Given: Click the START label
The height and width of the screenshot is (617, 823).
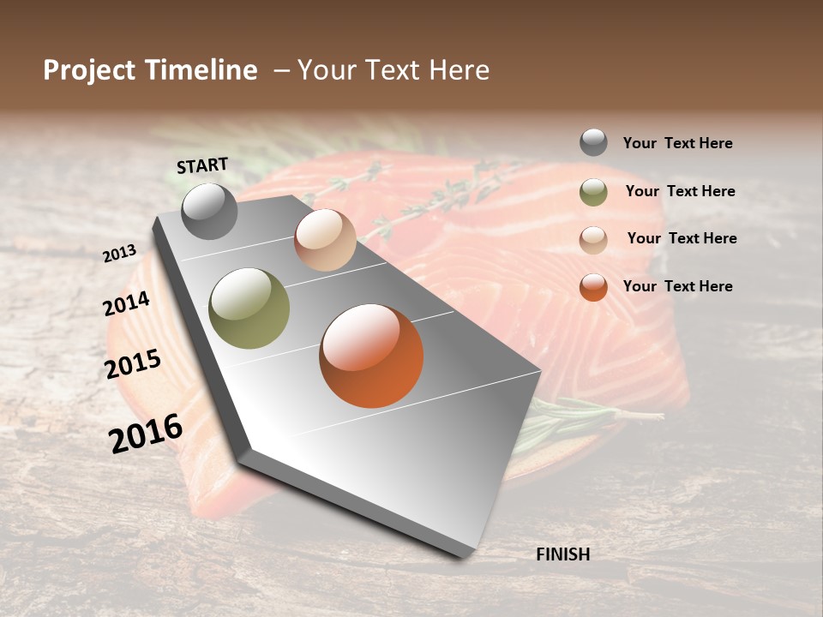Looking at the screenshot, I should click(202, 165).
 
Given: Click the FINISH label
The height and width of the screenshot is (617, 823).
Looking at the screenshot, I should click(562, 554).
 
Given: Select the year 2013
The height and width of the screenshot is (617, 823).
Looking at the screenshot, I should click(120, 253).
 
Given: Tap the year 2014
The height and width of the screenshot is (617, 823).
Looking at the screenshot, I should click(127, 303).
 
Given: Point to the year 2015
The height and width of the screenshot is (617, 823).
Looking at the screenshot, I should click(133, 364).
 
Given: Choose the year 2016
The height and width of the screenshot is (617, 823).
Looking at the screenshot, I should click(146, 433).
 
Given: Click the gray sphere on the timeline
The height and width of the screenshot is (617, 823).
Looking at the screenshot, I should click(210, 211).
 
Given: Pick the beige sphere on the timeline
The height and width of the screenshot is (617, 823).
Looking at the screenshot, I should click(325, 240).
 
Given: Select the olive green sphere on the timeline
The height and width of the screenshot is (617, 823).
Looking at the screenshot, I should click(249, 308).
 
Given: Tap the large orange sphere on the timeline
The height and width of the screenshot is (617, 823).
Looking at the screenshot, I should click(371, 356).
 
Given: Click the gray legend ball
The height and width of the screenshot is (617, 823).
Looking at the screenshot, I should click(593, 142).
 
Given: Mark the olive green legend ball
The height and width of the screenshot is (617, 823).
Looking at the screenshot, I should click(593, 192).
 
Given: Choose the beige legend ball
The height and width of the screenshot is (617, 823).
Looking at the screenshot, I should click(593, 240).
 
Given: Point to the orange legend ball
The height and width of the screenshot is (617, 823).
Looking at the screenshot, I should click(593, 287).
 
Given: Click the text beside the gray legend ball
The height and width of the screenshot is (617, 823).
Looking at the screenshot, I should click(677, 143).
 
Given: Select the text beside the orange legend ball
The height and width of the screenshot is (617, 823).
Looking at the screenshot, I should click(677, 286).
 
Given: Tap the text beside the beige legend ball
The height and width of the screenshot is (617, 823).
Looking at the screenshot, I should click(682, 238).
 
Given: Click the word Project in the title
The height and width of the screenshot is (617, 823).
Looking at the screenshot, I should click(89, 70).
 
